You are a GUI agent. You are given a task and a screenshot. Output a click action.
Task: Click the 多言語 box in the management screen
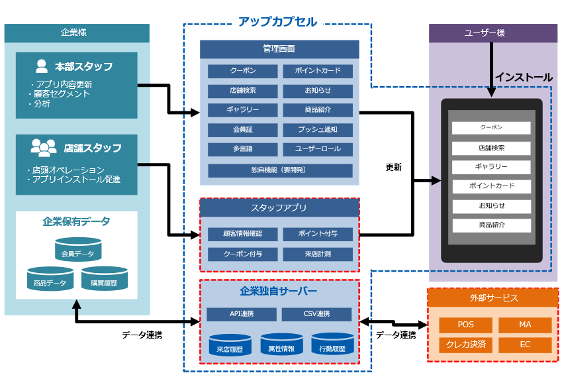(242, 150)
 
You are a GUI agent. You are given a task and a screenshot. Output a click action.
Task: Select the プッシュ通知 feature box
(318, 129)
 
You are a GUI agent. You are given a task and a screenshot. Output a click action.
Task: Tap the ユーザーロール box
(318, 150)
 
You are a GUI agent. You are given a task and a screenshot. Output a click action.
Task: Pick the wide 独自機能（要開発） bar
(280, 170)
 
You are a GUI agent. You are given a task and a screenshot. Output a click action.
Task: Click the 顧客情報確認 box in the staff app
(242, 234)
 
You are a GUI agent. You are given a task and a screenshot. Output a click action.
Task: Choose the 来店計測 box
(318, 254)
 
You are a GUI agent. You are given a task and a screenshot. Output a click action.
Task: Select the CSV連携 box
(317, 314)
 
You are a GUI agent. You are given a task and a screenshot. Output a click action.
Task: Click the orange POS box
(465, 325)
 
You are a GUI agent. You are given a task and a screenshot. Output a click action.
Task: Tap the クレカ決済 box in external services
(465, 345)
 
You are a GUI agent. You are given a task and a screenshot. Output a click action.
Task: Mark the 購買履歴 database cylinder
(104, 279)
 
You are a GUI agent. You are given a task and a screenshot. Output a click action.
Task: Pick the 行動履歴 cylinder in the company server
(332, 345)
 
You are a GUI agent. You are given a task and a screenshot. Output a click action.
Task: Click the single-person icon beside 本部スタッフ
(42, 66)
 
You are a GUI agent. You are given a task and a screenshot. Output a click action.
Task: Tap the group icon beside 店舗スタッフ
(43, 147)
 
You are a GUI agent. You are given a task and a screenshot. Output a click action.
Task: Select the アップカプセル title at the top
(277, 22)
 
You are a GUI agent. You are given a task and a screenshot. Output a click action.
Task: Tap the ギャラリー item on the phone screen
(491, 166)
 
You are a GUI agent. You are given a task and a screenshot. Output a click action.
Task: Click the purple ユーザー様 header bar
(493, 33)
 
